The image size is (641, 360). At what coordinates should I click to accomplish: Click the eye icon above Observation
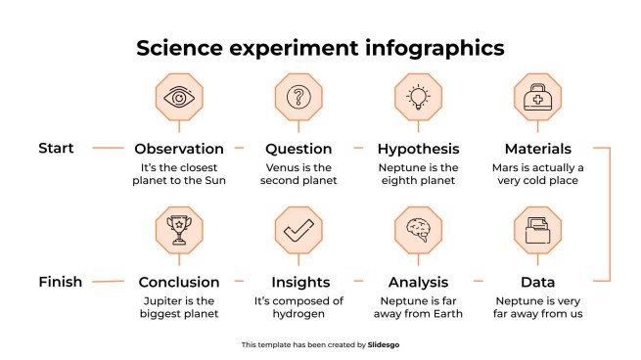click(179, 97)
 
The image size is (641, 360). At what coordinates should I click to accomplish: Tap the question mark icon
click(298, 97)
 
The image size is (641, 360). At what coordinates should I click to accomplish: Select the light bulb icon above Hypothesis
click(418, 97)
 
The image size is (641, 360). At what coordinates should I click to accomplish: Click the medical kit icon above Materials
click(537, 97)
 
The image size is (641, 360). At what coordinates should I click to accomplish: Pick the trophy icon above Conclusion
click(179, 231)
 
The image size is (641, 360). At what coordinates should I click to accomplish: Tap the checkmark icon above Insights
click(298, 231)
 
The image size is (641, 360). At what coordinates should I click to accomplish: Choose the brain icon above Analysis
click(418, 231)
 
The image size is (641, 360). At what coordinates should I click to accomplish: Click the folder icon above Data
click(537, 231)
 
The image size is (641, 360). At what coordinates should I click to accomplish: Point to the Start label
click(56, 148)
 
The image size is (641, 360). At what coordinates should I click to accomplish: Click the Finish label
click(61, 282)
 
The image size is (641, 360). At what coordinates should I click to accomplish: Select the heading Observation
click(179, 149)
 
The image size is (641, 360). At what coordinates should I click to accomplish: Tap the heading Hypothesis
click(418, 149)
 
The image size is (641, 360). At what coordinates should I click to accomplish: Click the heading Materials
click(537, 149)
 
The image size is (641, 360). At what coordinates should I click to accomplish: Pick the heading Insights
click(298, 282)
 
